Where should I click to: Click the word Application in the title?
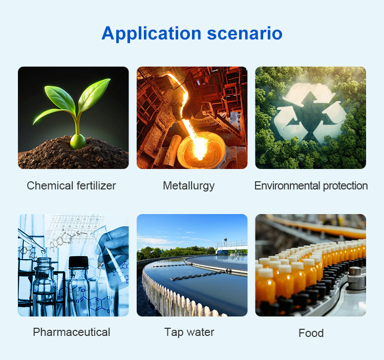pyautogui.click(x=151, y=34)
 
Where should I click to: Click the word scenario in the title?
pyautogui.click(x=245, y=34)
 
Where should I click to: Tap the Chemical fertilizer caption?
pyautogui.click(x=71, y=185)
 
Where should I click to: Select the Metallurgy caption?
pyautogui.click(x=188, y=186)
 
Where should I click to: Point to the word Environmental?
pyautogui.click(x=287, y=185)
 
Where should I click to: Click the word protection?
pyautogui.click(x=345, y=186)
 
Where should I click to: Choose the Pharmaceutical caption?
pyautogui.click(x=72, y=332)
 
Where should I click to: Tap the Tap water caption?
pyautogui.click(x=189, y=332)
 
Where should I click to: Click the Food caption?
pyautogui.click(x=311, y=333)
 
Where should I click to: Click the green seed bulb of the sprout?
pyautogui.click(x=78, y=141)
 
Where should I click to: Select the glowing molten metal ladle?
pyautogui.click(x=201, y=151)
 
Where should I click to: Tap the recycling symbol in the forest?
pyautogui.click(x=310, y=113)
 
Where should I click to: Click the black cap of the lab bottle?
pyautogui.click(x=78, y=262)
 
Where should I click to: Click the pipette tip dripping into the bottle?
pyautogui.click(x=43, y=251)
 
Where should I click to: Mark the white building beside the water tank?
pyautogui.click(x=231, y=247)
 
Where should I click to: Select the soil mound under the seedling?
pyautogui.click(x=73, y=154)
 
